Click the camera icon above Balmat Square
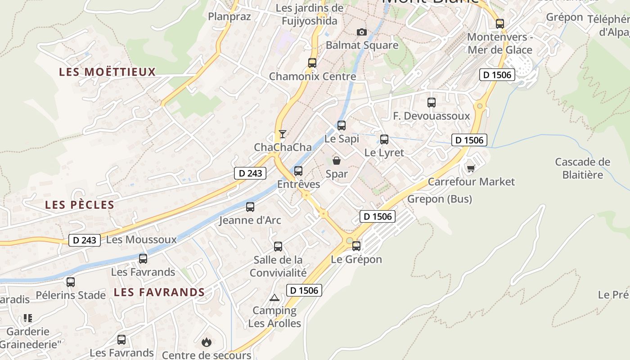(361, 32)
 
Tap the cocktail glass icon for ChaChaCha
(283, 134)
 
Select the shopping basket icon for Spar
(337, 161)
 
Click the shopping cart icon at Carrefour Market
(471, 168)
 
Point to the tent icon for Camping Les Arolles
(274, 297)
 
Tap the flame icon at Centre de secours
(207, 342)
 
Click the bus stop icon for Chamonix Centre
(312, 63)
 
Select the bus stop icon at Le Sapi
(342, 126)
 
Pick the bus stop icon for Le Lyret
(384, 139)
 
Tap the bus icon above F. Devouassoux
(432, 103)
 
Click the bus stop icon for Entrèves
(298, 171)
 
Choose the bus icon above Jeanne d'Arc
(250, 207)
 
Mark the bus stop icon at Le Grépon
(356, 246)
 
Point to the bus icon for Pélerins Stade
(71, 282)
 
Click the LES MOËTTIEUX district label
(108, 72)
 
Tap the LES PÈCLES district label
(80, 205)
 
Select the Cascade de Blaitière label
(582, 168)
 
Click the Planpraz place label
(229, 17)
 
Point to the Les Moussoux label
(141, 239)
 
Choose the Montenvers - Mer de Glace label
(499, 43)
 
